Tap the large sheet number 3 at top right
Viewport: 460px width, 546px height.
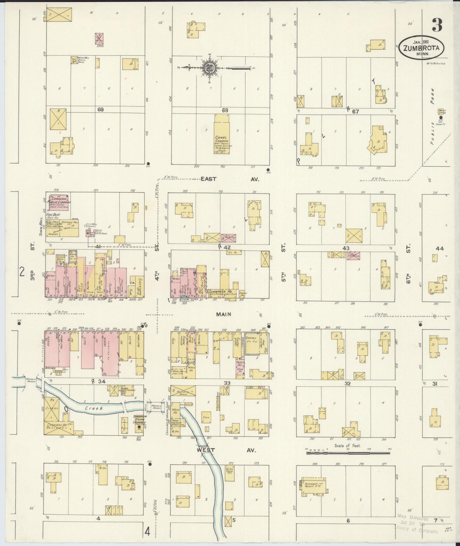pos(437,25)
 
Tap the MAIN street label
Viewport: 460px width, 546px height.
pos(223,314)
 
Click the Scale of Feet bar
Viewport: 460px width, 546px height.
pos(348,452)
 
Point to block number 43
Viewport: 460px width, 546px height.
pos(346,248)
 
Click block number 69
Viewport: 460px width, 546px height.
pos(101,110)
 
